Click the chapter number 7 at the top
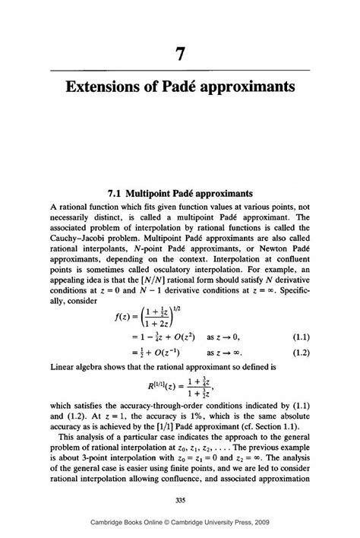(x=179, y=54)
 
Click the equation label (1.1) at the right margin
(x=296, y=357)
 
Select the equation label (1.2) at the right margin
(x=296, y=372)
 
